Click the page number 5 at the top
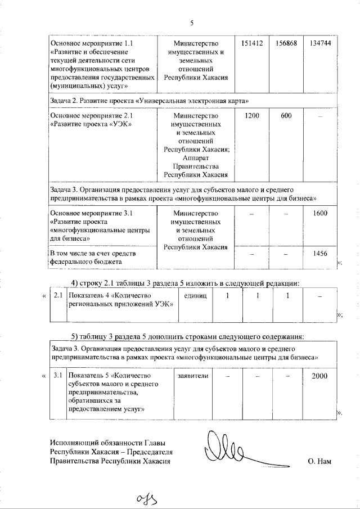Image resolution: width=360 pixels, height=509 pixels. tap(191, 23)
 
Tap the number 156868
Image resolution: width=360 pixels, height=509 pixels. tap(286, 43)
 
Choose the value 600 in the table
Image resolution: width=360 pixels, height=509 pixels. tap(286, 115)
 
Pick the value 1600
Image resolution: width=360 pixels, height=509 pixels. tap(319, 213)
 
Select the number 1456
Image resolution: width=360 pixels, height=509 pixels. tap(319, 254)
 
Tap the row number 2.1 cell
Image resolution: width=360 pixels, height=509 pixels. tap(57, 295)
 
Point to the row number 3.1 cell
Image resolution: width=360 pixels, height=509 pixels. tap(57, 375)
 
